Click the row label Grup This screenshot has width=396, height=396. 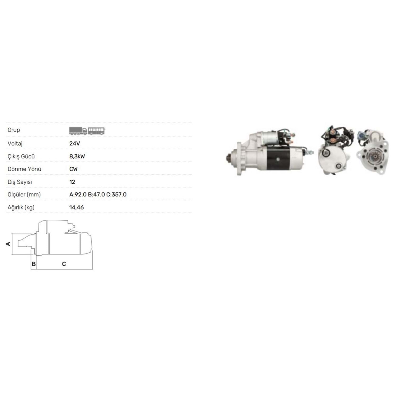[14, 130]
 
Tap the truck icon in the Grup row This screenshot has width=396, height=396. [78, 131]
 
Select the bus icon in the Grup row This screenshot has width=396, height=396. [97, 131]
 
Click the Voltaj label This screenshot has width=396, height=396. [15, 144]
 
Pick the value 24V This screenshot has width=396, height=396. [75, 144]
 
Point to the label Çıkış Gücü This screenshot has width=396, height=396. [21, 156]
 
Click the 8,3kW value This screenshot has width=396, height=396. [77, 156]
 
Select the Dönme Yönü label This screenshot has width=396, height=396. [24, 169]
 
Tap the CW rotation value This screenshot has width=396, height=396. [73, 169]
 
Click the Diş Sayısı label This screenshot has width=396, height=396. [20, 182]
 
